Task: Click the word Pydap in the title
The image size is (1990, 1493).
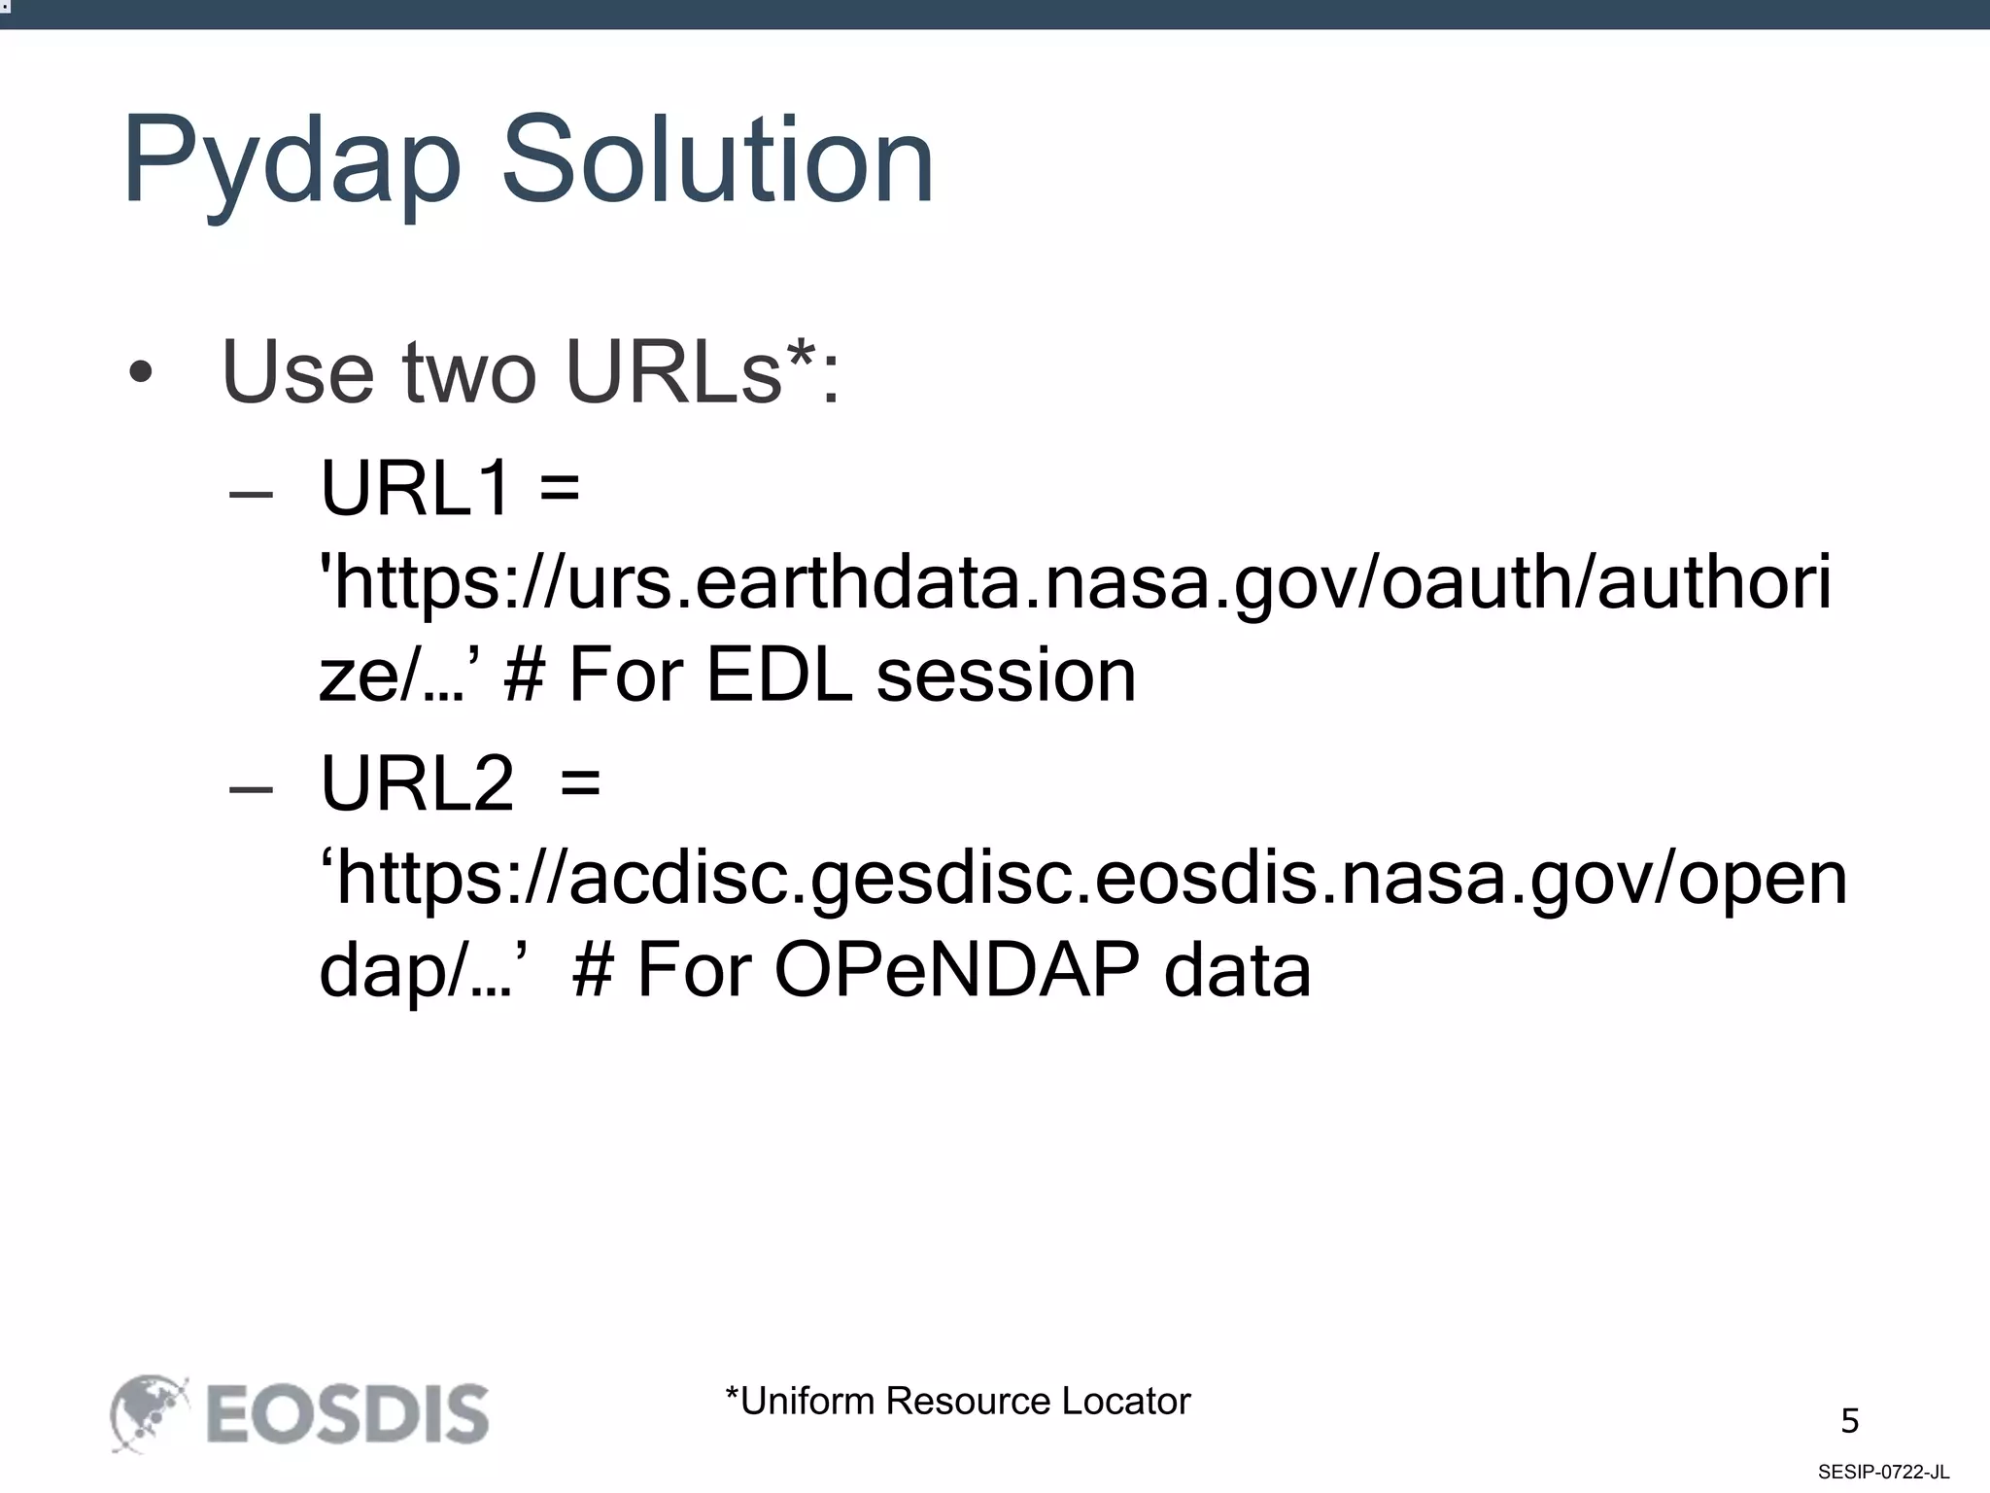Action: click(x=292, y=160)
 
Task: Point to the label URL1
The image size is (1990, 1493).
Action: click(x=416, y=488)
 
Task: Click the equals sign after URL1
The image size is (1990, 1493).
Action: click(x=559, y=488)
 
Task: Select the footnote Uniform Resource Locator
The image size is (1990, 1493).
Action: click(x=957, y=1402)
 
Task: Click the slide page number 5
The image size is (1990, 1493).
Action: click(x=1849, y=1422)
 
